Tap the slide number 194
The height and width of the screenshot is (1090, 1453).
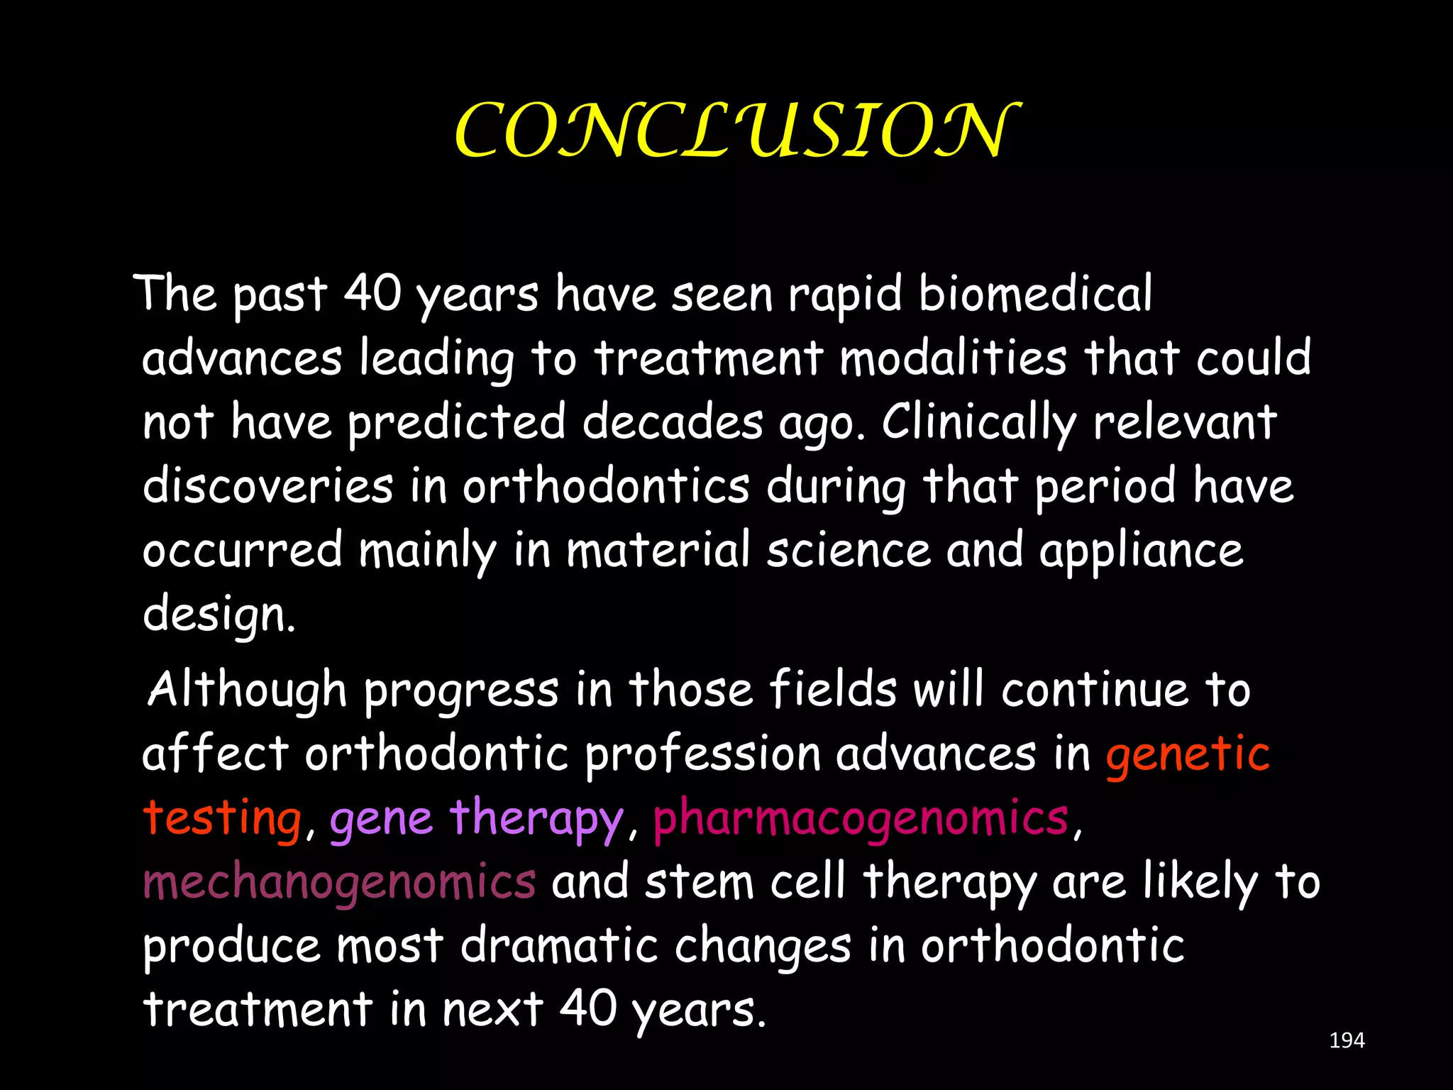coord(1347,1040)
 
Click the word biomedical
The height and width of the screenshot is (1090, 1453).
coord(1035,293)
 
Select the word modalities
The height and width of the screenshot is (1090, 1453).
coord(953,358)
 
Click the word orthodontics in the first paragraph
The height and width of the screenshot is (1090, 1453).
coord(606,486)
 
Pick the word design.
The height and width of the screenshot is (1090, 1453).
coord(218,615)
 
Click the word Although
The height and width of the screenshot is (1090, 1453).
coord(247,690)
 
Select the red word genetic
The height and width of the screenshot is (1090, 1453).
coord(1187,754)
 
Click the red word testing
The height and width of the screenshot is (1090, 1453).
coord(222,818)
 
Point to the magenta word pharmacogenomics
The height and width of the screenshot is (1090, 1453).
coord(860,818)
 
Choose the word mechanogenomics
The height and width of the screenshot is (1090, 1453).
coord(339,882)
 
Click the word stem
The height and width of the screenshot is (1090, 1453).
coord(699,882)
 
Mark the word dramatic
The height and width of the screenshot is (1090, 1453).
coord(559,945)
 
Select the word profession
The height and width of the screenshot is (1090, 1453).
coord(702,754)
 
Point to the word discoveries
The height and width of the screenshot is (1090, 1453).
coord(267,486)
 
